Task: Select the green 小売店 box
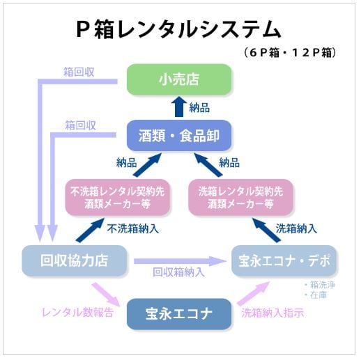click(178, 79)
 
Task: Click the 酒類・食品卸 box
click(178, 135)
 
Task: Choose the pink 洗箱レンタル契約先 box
click(240, 197)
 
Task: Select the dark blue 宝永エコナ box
click(178, 313)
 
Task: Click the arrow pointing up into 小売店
click(178, 107)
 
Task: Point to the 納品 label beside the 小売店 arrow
click(199, 108)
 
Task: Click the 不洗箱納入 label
click(133, 228)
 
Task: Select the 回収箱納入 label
click(178, 272)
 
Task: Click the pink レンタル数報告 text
click(77, 312)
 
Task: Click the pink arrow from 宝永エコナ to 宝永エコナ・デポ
click(252, 294)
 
